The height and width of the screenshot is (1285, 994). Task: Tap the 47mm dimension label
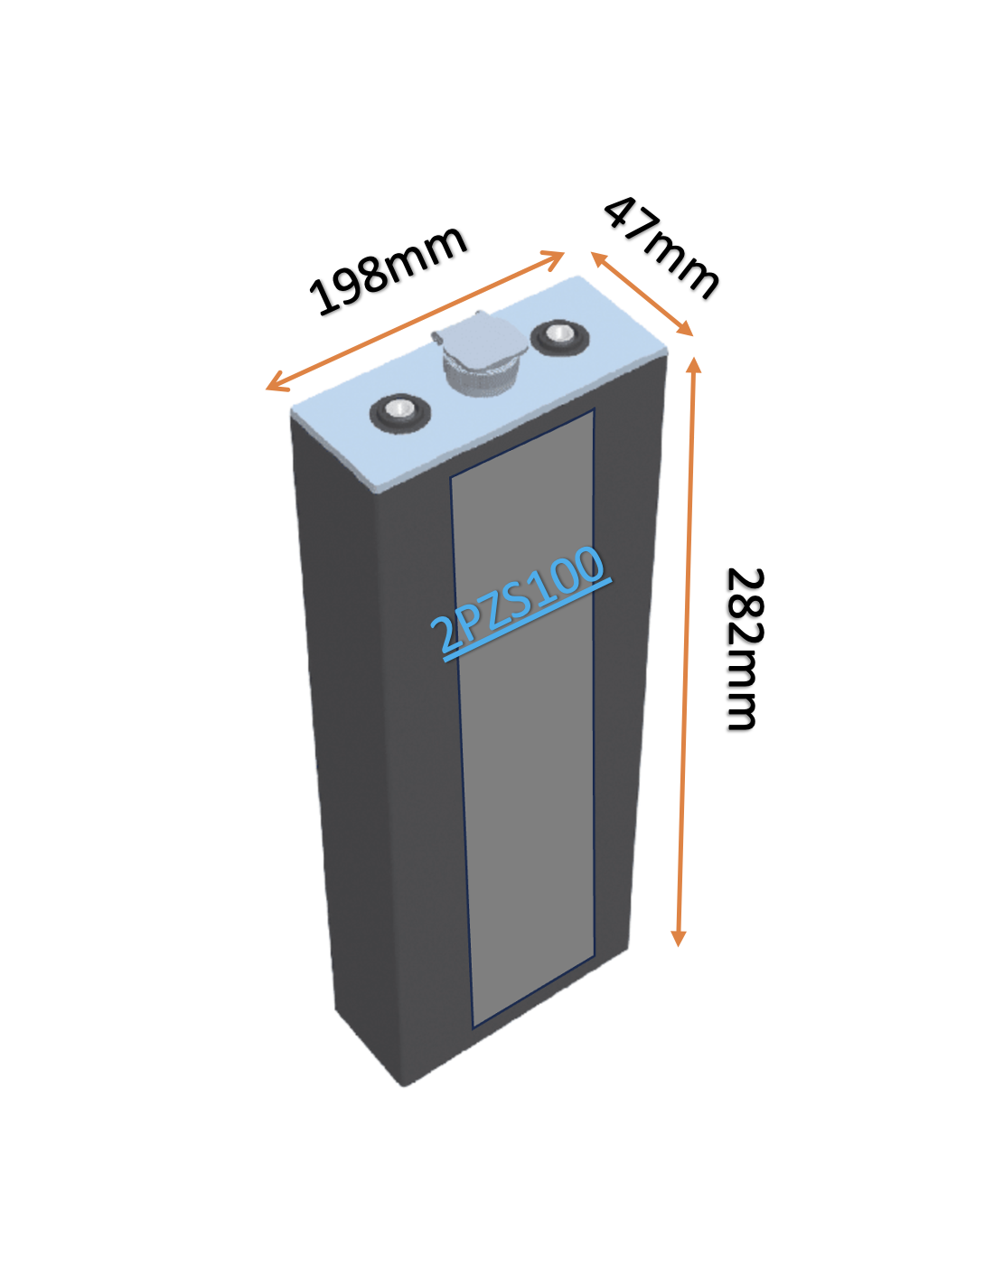tap(661, 248)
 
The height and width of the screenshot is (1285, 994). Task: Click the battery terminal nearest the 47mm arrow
tap(559, 338)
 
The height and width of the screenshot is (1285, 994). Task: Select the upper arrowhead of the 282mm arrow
tap(695, 366)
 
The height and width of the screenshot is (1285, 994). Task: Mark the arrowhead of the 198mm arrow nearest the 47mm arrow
tap(555, 258)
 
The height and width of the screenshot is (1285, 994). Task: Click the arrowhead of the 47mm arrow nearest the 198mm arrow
tap(599, 259)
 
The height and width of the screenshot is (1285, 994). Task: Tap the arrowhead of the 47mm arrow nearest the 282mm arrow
tap(684, 328)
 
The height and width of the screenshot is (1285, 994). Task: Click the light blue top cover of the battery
tap(479, 384)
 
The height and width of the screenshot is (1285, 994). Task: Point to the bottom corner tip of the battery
tap(404, 1085)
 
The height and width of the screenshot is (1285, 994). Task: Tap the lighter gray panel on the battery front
tap(522, 718)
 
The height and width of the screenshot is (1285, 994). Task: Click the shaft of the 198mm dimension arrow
tap(415, 321)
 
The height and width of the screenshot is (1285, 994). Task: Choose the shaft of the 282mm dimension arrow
tap(687, 652)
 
